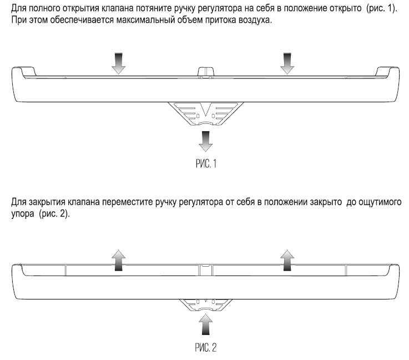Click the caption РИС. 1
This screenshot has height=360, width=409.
pos(206,164)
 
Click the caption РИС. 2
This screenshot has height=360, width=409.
pos(205,347)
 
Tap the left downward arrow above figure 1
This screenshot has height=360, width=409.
pos(118,63)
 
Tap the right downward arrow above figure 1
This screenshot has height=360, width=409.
pos(287,63)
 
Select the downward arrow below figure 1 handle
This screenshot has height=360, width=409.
pos(205,141)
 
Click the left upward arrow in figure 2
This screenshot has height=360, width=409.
pos(118,260)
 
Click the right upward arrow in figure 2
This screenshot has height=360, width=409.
pos(287,260)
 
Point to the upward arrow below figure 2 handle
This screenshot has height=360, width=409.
pos(205,324)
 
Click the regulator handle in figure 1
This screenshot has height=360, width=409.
pos(205,114)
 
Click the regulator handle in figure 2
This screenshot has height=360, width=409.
pos(205,305)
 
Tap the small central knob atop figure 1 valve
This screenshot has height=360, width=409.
pos(205,72)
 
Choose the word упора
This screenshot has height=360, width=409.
pos(23,214)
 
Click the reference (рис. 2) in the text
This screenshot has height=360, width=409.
pos(54,214)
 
